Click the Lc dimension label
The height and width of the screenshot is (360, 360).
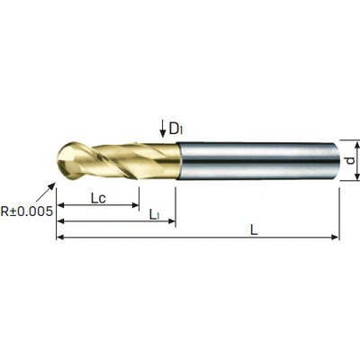coord(98,198)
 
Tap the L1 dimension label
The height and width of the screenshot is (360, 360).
coord(154,214)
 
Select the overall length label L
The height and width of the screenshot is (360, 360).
coord(254,230)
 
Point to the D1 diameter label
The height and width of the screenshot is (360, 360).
coord(176,129)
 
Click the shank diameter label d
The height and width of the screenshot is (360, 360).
coord(349,161)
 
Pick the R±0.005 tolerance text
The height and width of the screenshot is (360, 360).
coord(27,211)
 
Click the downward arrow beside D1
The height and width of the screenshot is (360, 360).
coord(163,129)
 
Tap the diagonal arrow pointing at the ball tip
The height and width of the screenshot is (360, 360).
coord(46,192)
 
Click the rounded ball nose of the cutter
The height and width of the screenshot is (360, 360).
coord(68,161)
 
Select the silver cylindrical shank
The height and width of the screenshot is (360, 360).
coord(257,161)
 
